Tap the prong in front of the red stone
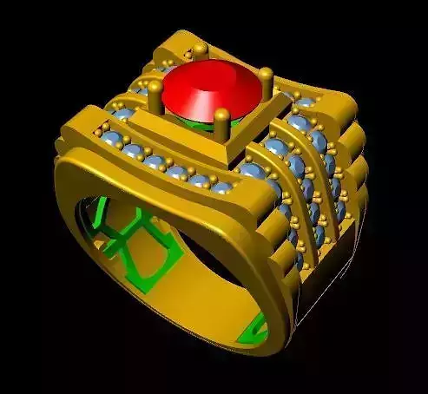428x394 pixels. (x=223, y=115)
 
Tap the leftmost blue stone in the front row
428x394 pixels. (x=110, y=140)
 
